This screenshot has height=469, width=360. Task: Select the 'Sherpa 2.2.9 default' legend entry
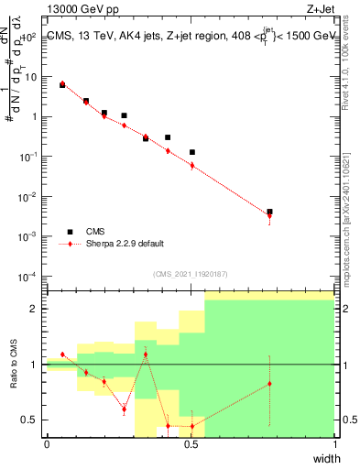point(125,244)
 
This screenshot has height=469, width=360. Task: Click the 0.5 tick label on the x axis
point(191,444)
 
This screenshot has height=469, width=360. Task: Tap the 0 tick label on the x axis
point(47,444)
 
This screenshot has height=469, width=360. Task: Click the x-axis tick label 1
point(335,444)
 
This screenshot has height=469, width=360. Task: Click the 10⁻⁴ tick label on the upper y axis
point(29,276)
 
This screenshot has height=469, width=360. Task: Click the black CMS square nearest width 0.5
point(191,152)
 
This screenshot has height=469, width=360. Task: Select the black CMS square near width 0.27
point(124,115)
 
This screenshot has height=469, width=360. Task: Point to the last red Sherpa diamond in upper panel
point(269,215)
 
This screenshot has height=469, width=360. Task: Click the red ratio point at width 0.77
point(269,384)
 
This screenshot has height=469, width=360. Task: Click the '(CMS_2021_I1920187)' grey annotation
point(191,273)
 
